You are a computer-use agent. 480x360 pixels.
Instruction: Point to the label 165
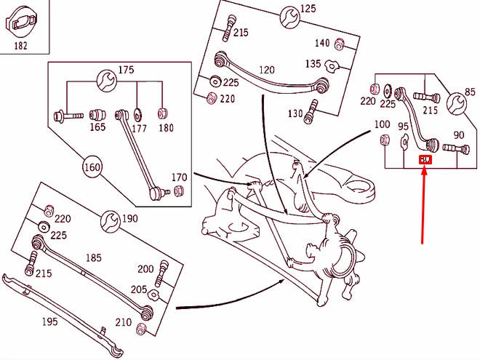click(97, 127)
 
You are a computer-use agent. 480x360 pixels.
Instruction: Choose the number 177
click(140, 128)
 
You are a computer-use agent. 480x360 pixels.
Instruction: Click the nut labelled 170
click(180, 191)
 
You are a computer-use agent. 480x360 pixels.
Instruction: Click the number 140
click(321, 43)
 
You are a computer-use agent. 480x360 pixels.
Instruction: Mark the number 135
click(313, 64)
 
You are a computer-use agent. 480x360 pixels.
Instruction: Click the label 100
click(382, 124)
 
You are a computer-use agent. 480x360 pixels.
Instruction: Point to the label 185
click(95, 257)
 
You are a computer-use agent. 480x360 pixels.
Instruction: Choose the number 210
click(123, 322)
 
